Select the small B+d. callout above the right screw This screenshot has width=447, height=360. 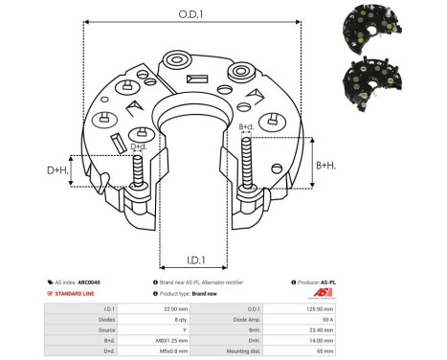pyautogui.click(x=246, y=126)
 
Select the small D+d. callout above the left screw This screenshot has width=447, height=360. pyautogui.click(x=139, y=146)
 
